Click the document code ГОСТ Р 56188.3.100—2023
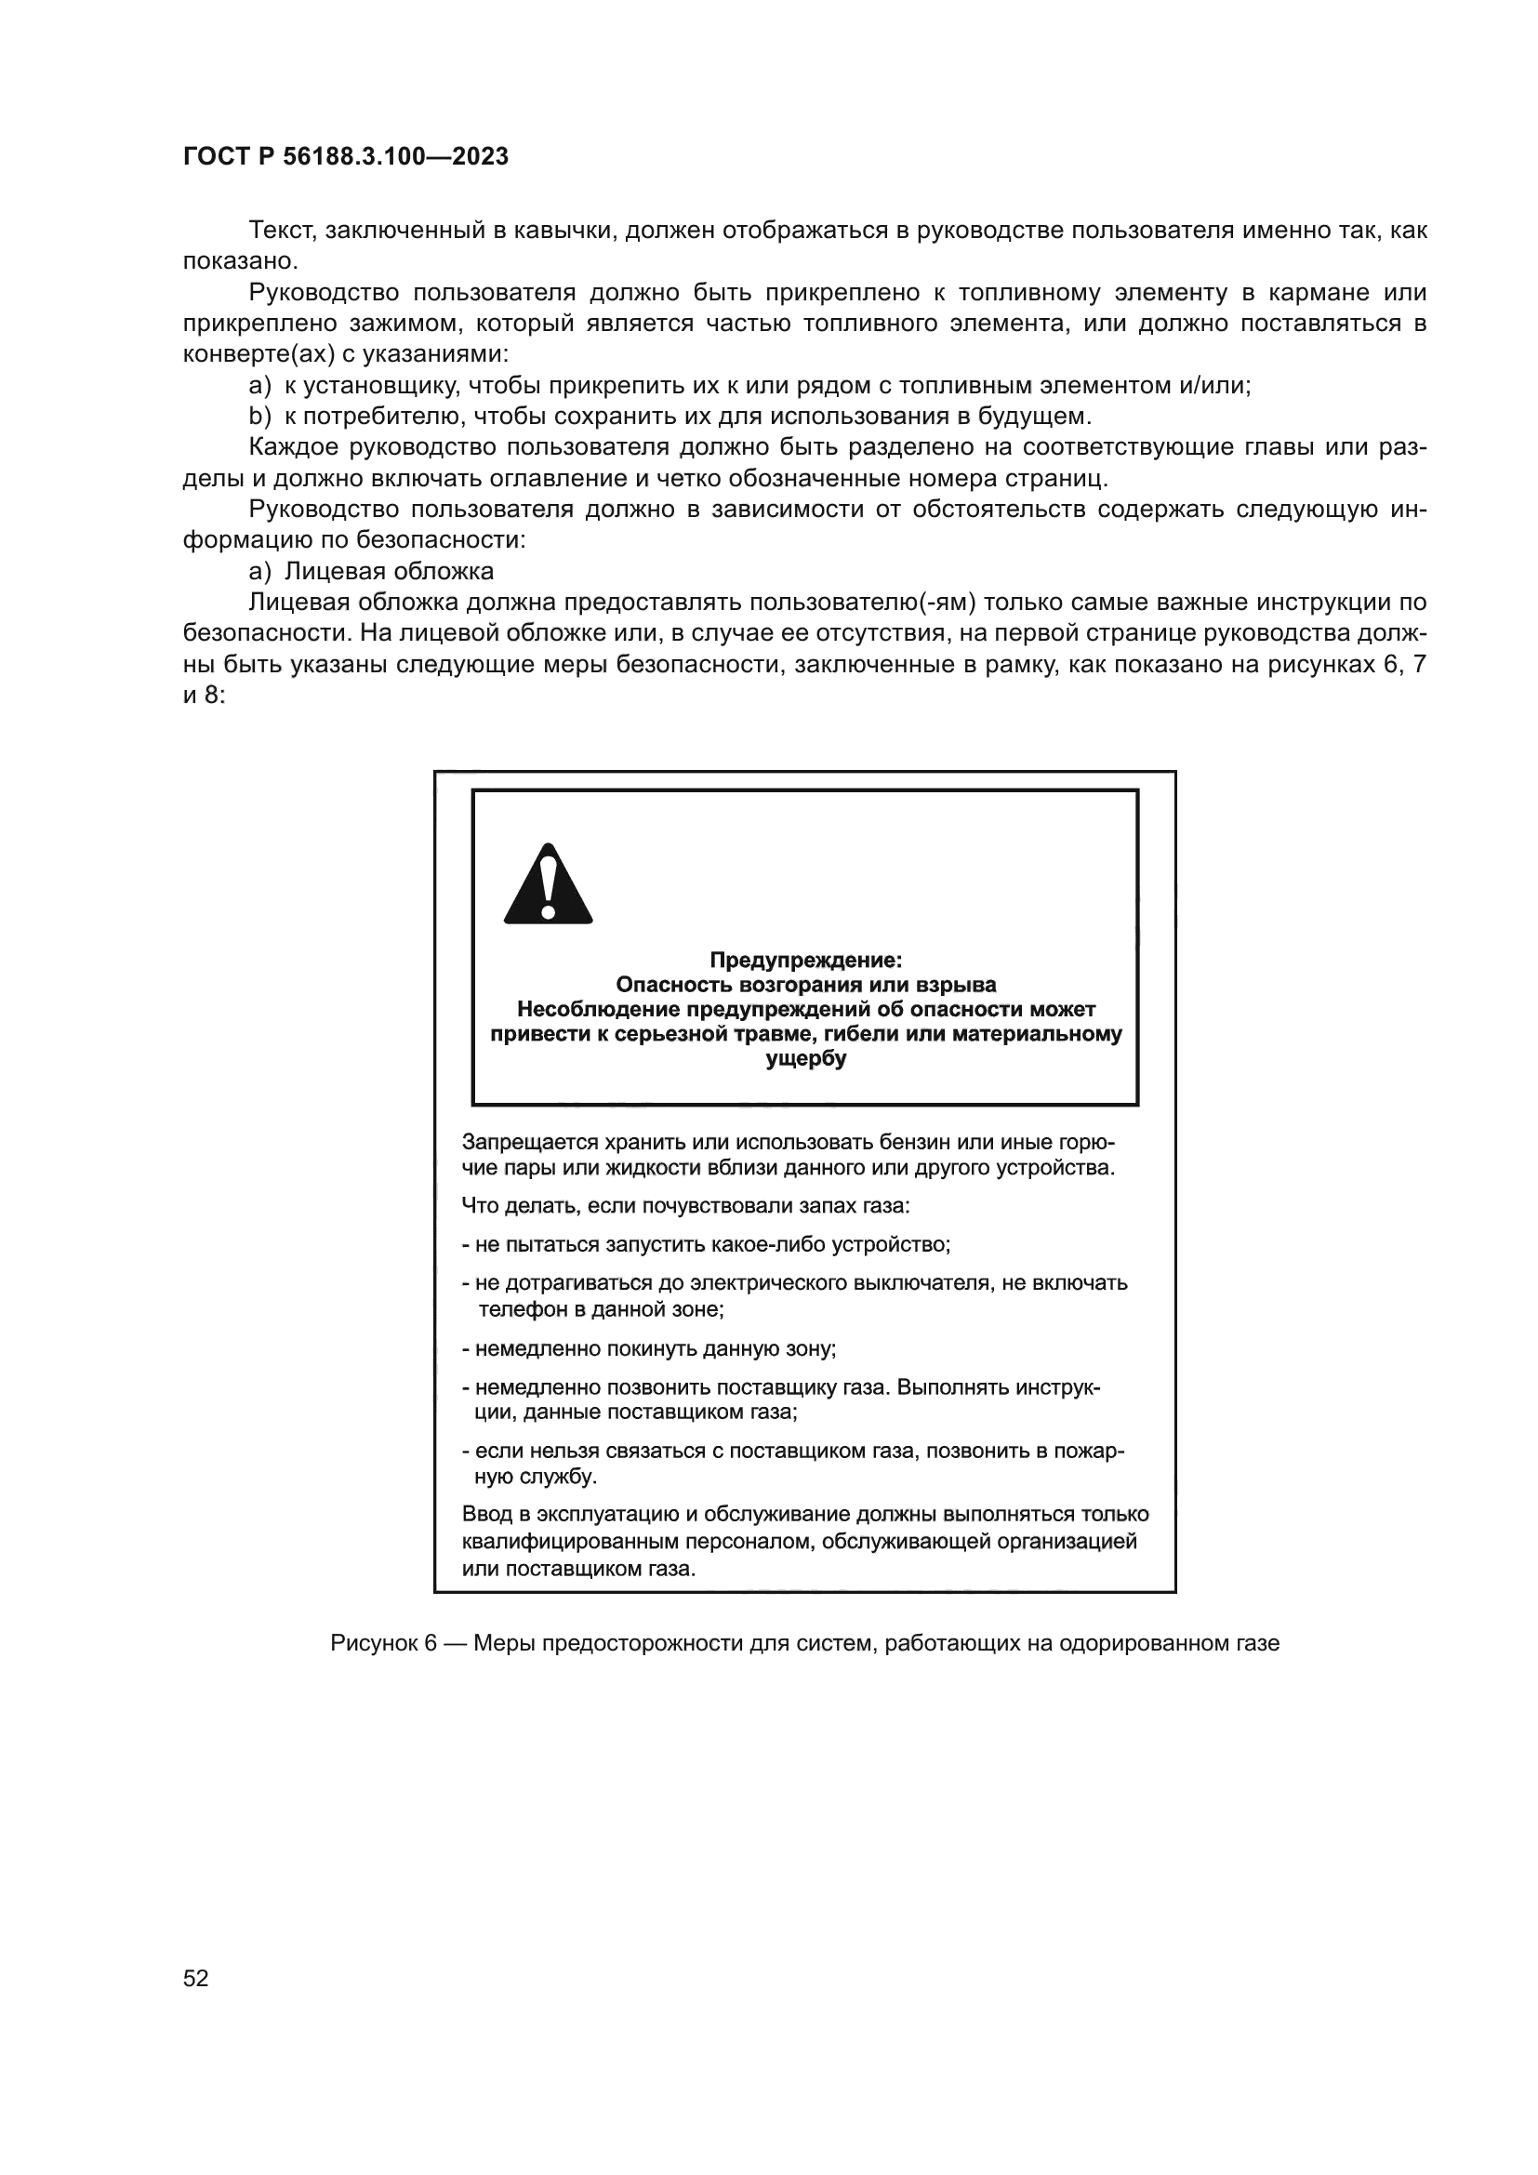[x=346, y=157]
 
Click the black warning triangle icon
[x=549, y=884]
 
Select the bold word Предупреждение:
[x=806, y=961]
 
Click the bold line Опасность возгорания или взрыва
[x=806, y=985]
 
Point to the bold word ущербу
[x=806, y=1059]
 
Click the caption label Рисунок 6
[x=382, y=1643]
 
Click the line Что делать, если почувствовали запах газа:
[x=685, y=1206]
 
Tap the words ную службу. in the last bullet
[x=536, y=1477]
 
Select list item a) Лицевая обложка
[x=371, y=571]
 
